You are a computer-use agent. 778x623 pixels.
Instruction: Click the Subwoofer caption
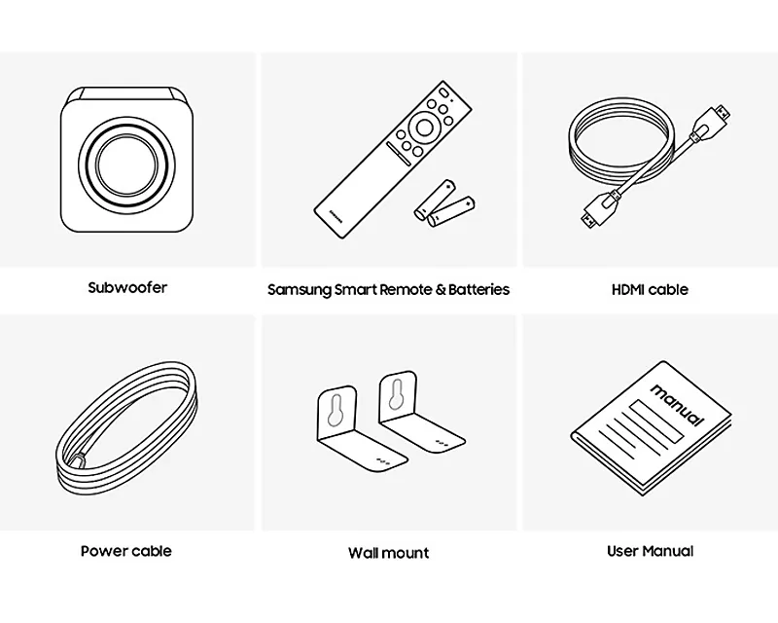(x=127, y=288)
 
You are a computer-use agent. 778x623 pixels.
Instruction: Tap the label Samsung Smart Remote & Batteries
(x=388, y=290)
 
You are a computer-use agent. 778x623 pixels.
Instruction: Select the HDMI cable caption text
(x=650, y=290)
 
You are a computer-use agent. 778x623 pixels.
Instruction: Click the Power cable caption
(x=126, y=551)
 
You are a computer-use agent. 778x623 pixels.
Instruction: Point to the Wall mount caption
(x=388, y=553)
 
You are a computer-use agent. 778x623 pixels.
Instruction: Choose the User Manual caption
(x=650, y=551)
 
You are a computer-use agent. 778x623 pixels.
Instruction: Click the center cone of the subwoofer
(x=126, y=165)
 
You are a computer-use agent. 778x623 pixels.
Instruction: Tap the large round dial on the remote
(x=424, y=128)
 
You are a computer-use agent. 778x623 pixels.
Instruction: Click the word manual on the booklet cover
(x=677, y=405)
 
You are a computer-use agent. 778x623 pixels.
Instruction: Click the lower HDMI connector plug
(x=599, y=208)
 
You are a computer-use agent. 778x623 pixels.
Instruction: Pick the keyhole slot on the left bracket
(x=336, y=411)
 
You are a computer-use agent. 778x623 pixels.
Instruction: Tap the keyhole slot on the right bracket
(x=397, y=395)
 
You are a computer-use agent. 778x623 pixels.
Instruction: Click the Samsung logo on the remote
(x=336, y=217)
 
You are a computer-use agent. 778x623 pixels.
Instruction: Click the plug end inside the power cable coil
(x=78, y=460)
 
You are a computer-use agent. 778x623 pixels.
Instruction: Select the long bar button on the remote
(x=399, y=154)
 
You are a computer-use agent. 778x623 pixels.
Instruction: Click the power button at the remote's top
(x=443, y=92)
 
